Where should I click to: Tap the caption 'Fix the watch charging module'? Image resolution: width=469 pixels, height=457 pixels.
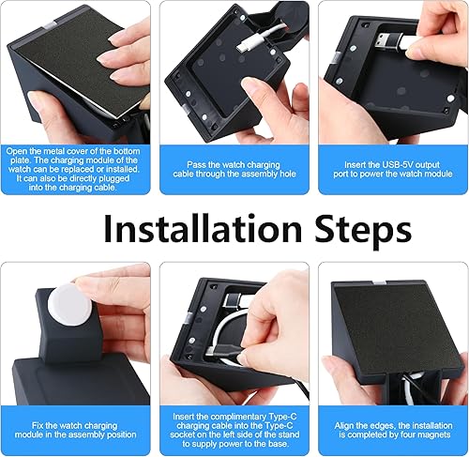point(76,429)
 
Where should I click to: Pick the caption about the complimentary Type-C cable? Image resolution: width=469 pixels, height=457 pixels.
point(234,429)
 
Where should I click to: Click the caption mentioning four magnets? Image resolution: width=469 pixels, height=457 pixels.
point(392,429)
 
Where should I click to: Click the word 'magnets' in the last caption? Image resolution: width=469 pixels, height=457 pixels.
point(427,434)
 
